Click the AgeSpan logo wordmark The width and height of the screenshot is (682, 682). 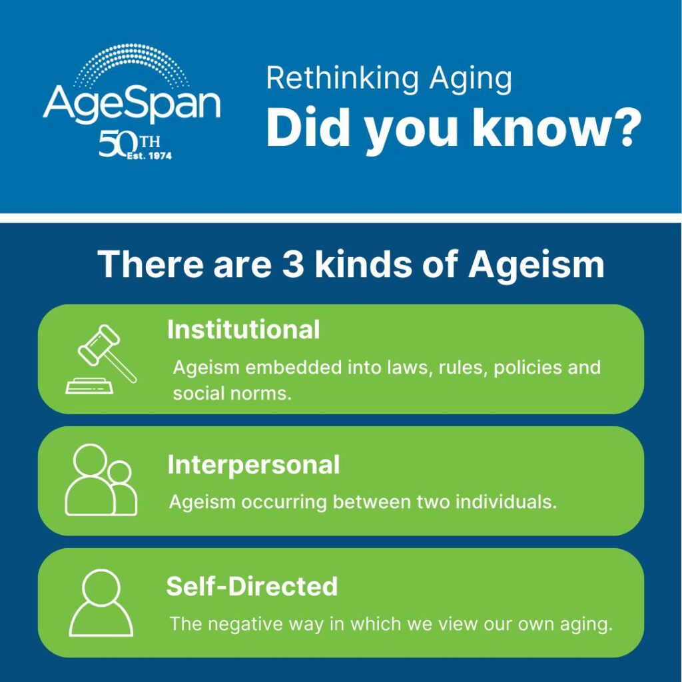pos(131,103)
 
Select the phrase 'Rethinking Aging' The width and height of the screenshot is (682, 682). pos(389,79)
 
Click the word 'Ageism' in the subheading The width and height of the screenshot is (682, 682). pos(536,264)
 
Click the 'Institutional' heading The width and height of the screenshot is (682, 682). pos(243,330)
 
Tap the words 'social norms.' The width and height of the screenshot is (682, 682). pos(232,393)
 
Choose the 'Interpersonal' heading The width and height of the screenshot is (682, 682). pos(253,465)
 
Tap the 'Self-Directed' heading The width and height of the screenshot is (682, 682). pos(252,587)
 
